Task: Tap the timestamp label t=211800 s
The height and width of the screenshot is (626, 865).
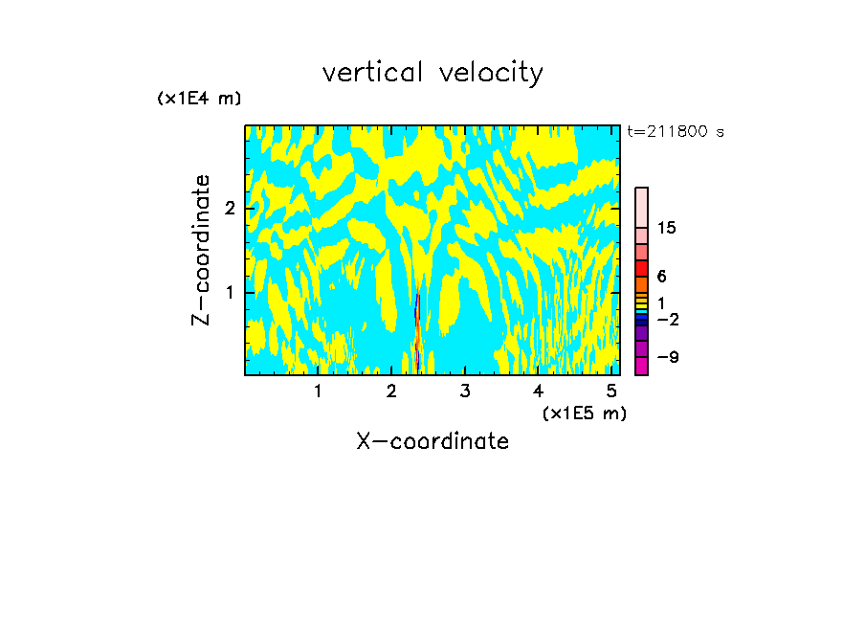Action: (676, 131)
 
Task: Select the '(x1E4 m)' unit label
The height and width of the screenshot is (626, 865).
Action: (199, 99)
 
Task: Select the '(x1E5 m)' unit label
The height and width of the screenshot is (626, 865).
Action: (584, 413)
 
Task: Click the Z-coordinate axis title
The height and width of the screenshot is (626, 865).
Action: (201, 250)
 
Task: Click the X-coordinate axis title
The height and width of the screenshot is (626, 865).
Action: (432, 441)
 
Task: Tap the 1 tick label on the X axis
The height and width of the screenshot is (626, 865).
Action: (318, 391)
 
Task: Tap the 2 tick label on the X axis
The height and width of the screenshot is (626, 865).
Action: (391, 391)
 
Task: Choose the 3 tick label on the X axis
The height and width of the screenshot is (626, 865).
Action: (464, 391)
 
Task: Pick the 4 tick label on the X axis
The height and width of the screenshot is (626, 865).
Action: (538, 391)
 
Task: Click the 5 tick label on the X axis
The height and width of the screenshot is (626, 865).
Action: (610, 391)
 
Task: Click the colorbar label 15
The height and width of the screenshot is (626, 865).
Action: (668, 228)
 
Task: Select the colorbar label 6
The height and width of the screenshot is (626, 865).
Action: (662, 277)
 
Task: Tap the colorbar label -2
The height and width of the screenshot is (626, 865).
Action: (668, 319)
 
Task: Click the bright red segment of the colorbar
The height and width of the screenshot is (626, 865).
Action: (641, 268)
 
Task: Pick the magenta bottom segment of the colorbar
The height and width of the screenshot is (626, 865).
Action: (641, 366)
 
